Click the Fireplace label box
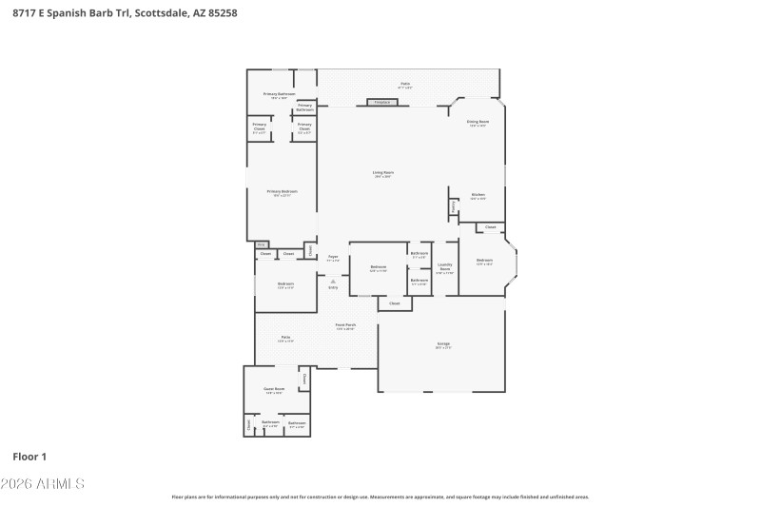pyautogui.click(x=381, y=102)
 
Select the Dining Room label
pyautogui.click(x=478, y=123)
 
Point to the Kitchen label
pyautogui.click(x=478, y=196)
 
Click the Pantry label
pyautogui.click(x=454, y=205)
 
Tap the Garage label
pyautogui.click(x=443, y=344)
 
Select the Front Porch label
pyautogui.click(x=345, y=327)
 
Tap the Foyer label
pyautogui.click(x=333, y=258)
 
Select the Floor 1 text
pyautogui.click(x=30, y=457)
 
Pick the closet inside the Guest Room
pyautogui.click(x=304, y=379)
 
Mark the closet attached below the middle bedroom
pyautogui.click(x=394, y=303)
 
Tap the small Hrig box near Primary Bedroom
pyautogui.click(x=260, y=244)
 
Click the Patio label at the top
pyautogui.click(x=405, y=84)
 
